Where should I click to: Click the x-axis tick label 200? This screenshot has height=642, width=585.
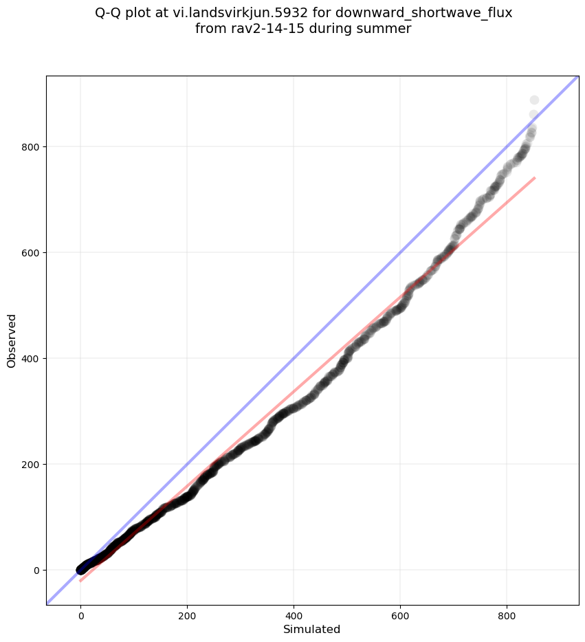[x=187, y=617]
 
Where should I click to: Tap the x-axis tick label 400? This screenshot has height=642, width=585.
[x=294, y=617]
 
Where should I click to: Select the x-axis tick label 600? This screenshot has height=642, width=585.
[x=400, y=617]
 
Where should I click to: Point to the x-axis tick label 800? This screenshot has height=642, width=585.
[x=507, y=617]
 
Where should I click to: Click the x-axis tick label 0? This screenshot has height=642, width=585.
[x=81, y=617]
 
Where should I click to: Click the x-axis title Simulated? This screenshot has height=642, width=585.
[x=312, y=629]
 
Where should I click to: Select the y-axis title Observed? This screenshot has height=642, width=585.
[x=12, y=340]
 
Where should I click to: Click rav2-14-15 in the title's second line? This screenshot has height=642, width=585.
[x=261, y=29]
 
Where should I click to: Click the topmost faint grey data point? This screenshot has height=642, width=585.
[x=534, y=100]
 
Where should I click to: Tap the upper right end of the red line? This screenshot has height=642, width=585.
[x=535, y=177]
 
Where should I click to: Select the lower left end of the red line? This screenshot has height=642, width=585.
[x=80, y=582]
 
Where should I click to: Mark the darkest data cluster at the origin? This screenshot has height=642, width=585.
[x=82, y=568]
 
